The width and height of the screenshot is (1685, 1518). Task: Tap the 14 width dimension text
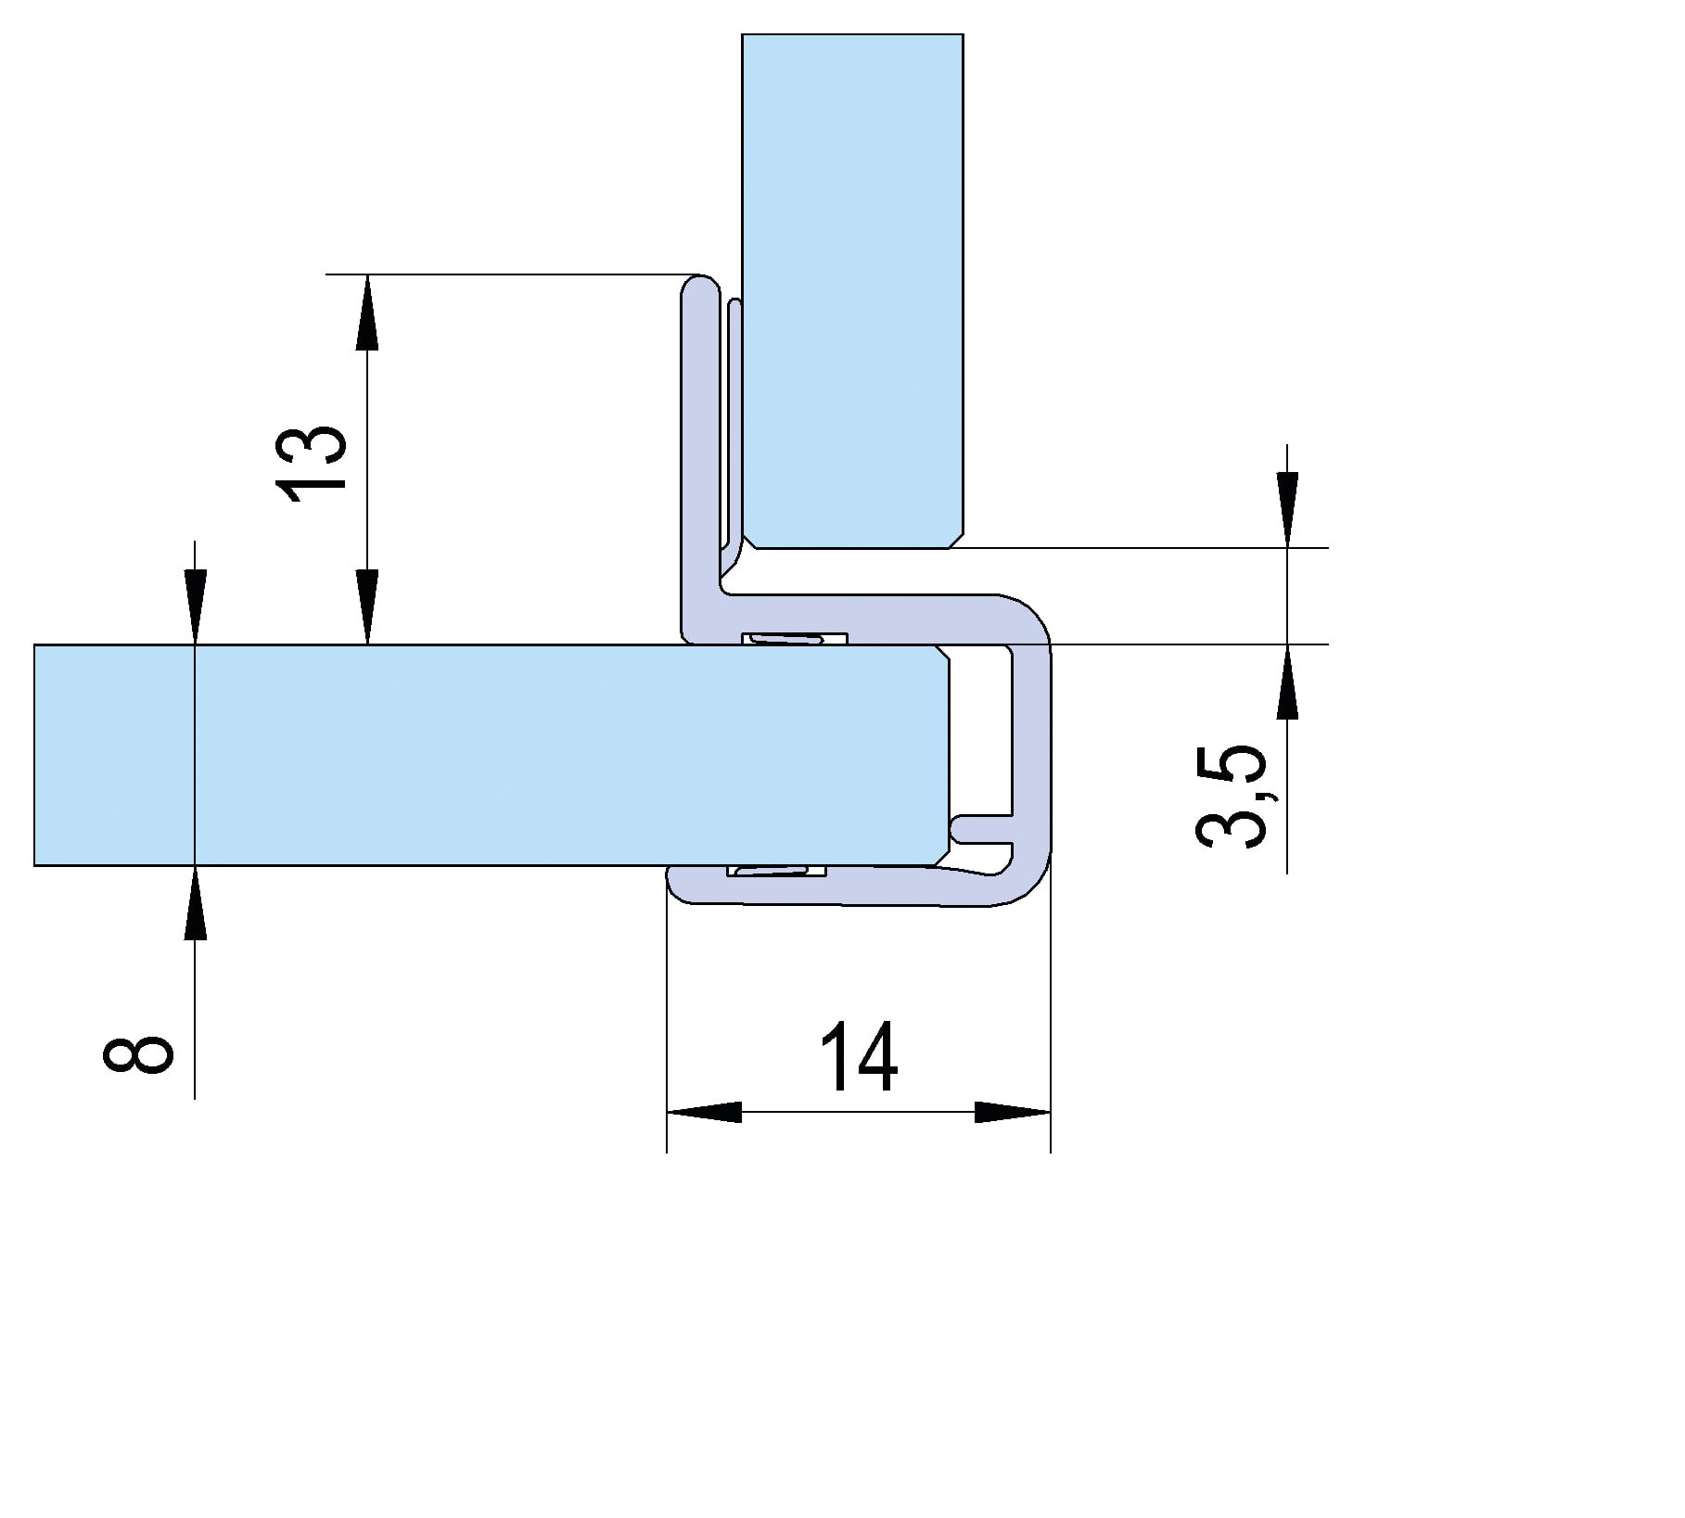[x=860, y=1056]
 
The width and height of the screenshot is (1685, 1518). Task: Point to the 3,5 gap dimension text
[x=1232, y=795]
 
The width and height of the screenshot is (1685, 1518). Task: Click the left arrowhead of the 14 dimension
[x=704, y=1112]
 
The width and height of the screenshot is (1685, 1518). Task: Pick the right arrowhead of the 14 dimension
[x=1013, y=1112]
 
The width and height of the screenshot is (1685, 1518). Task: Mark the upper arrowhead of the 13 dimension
[x=368, y=312]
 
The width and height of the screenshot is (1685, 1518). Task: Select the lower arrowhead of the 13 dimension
[x=368, y=606]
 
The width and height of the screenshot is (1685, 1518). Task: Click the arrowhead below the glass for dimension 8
[x=195, y=902]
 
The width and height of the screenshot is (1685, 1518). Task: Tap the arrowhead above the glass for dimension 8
[x=195, y=606]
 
